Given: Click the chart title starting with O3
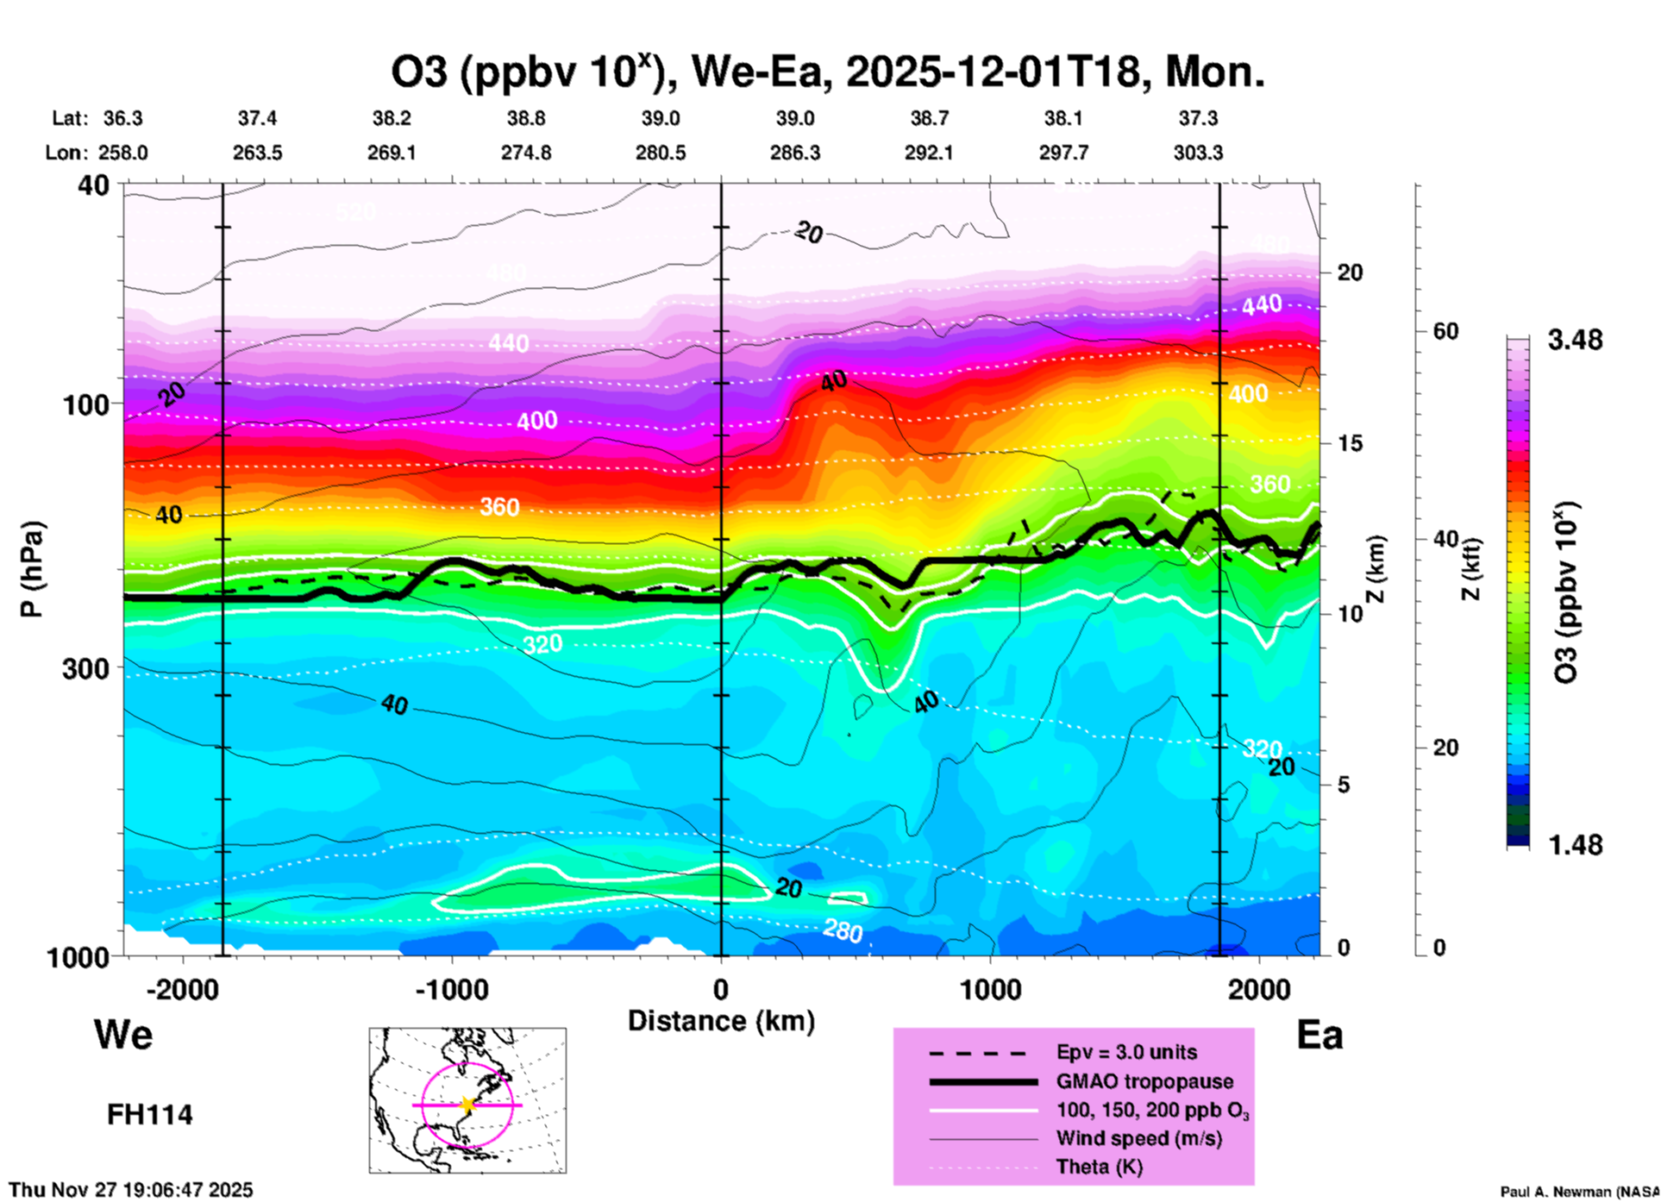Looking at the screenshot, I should pyautogui.click(x=828, y=72).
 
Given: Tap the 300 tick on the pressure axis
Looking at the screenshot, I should pyautogui.click(x=85, y=668).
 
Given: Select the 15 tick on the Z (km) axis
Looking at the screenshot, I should pyautogui.click(x=1349, y=443).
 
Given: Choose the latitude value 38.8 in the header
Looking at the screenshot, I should pyautogui.click(x=525, y=118).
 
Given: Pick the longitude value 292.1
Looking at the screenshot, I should pyautogui.click(x=929, y=153).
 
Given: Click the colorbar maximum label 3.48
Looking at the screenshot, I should pyautogui.click(x=1575, y=340).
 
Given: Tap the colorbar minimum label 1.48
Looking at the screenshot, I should pyautogui.click(x=1575, y=845).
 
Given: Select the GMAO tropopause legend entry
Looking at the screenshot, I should pyautogui.click(x=1144, y=1081).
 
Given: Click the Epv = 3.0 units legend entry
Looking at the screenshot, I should pyautogui.click(x=1126, y=1052).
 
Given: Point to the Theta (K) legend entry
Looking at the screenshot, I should pyautogui.click(x=1099, y=1168).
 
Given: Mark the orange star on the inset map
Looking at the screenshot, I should pyautogui.click(x=467, y=1105).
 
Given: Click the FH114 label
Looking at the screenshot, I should pyautogui.click(x=150, y=1115).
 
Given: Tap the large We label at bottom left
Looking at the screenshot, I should pyautogui.click(x=123, y=1034).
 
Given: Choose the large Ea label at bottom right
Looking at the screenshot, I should pyautogui.click(x=1319, y=1035).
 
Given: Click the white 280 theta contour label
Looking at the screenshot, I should pyautogui.click(x=843, y=930).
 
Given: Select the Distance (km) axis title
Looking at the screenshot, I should pyautogui.click(x=721, y=1021).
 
